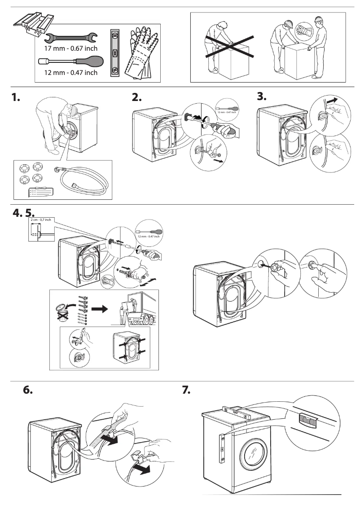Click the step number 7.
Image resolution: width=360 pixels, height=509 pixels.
point(186,390)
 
